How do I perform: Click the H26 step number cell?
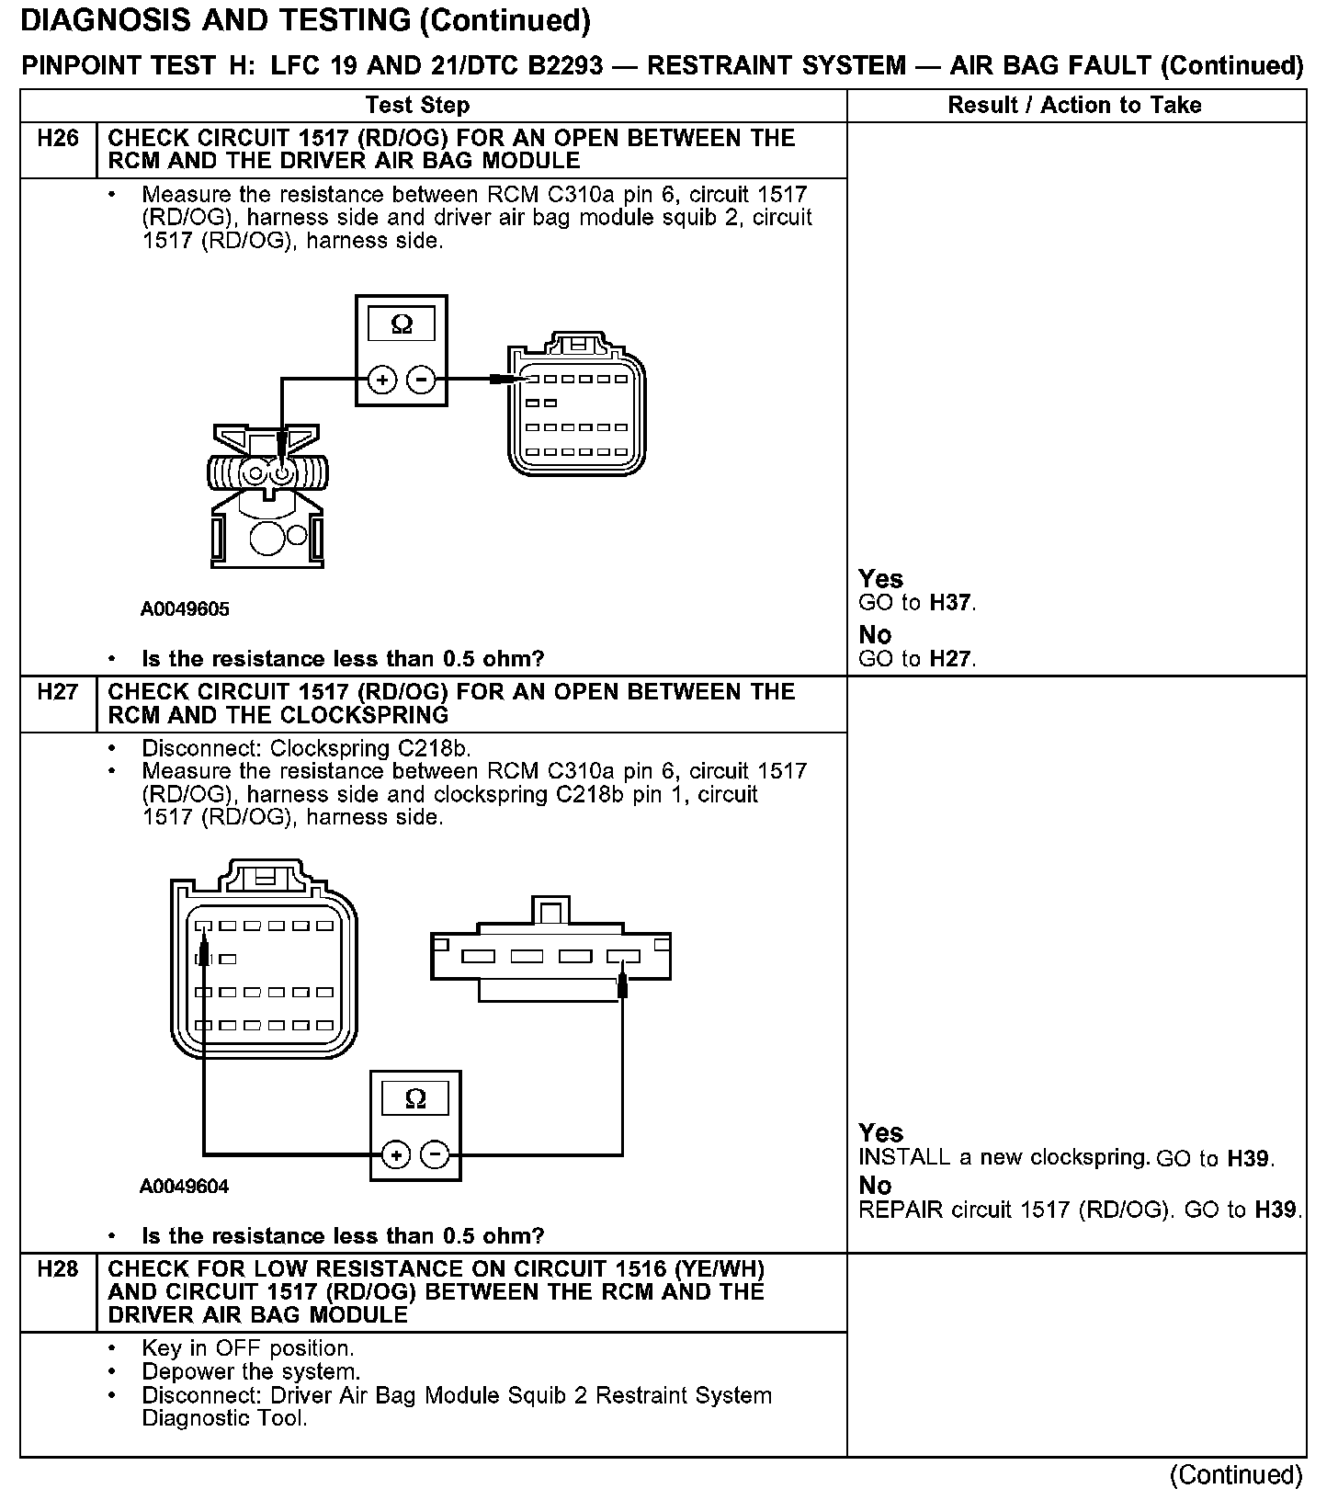[x=58, y=139]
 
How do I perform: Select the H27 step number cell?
[x=58, y=692]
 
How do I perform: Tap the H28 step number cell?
[x=58, y=1269]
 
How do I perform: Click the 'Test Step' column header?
[x=417, y=105]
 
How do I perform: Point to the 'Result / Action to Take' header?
[x=1074, y=105]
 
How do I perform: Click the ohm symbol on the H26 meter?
[x=402, y=324]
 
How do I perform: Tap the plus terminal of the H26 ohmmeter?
[x=383, y=379]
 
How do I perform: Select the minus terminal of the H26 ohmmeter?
[x=421, y=379]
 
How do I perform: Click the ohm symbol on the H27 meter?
[x=415, y=1099]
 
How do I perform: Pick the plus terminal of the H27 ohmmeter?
[x=396, y=1154]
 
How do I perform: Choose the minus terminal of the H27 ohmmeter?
[x=435, y=1154]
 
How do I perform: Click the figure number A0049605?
[x=185, y=609]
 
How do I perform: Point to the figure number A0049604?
[x=185, y=1187]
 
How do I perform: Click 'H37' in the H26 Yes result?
[x=950, y=604]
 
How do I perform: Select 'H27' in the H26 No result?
[x=950, y=659]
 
